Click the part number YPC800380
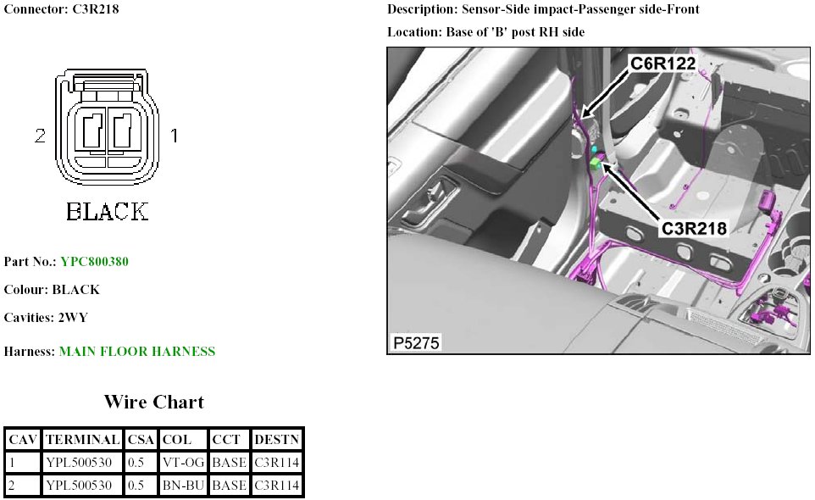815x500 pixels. click(x=94, y=261)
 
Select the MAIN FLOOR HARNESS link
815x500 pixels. click(x=137, y=352)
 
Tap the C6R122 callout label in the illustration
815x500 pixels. click(x=663, y=64)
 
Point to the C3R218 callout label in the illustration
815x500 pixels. click(x=694, y=228)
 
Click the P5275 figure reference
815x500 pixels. click(x=416, y=342)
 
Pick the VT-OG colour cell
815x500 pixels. click(x=183, y=462)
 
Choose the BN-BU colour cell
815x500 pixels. click(x=183, y=485)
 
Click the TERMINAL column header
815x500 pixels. click(x=83, y=440)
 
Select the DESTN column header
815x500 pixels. click(x=277, y=440)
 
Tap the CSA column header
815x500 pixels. click(x=141, y=440)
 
